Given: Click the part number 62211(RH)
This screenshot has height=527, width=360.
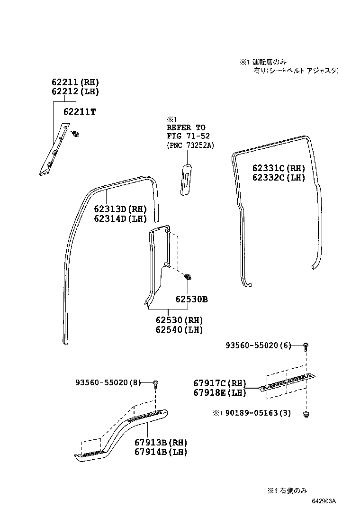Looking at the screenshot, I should tap(75, 82).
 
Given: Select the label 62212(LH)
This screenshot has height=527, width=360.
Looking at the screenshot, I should tap(75, 91).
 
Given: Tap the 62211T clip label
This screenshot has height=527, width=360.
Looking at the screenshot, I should tap(79, 112).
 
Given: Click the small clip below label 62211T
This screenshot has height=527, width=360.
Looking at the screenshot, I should tap(75, 133).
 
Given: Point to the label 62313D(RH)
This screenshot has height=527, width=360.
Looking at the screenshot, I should tap(120, 209).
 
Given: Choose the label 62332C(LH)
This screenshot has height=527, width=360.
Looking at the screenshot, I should tap(279, 178).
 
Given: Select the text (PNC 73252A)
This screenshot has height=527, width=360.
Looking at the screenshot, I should tap(190, 145).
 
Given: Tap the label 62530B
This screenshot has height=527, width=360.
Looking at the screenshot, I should tap(191, 300).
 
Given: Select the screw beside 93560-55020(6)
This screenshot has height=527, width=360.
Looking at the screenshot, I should tap(306, 346).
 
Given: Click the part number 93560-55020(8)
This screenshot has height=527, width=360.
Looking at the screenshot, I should tap(108, 382).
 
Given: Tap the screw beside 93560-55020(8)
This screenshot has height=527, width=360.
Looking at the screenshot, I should tap(155, 383).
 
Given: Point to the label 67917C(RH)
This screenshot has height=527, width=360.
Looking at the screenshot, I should tap(220, 383).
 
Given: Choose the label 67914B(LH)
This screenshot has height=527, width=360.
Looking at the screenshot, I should tap(161, 452).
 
